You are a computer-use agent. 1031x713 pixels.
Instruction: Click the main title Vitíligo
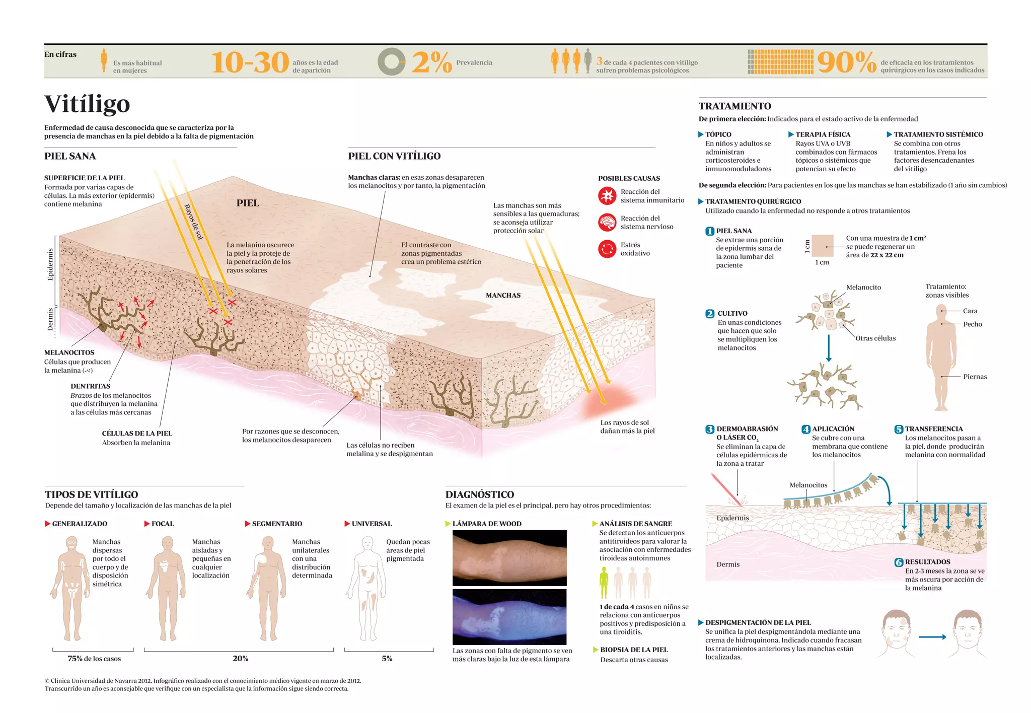[x=87, y=104]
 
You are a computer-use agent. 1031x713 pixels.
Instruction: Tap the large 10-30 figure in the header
[x=250, y=63]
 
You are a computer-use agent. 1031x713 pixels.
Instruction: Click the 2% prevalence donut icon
[x=391, y=62]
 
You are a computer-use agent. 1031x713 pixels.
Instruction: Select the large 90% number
[x=847, y=63]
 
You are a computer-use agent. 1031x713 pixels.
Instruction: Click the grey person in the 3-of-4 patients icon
[x=587, y=61]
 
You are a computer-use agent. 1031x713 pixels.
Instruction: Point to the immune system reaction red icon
[x=607, y=196]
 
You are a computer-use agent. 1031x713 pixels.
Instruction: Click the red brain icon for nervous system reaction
[x=607, y=222]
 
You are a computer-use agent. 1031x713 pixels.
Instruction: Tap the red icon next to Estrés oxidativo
[x=607, y=249]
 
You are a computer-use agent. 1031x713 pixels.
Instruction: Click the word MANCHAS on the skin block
[x=503, y=296]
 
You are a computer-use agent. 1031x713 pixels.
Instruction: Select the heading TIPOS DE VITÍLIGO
[x=92, y=494]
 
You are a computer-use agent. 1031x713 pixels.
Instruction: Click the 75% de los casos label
[x=94, y=659]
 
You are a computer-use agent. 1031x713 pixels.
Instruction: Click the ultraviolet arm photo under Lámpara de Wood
[x=509, y=617]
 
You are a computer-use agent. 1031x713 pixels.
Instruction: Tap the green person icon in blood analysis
[x=604, y=583]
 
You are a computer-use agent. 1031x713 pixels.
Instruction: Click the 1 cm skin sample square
[x=823, y=246]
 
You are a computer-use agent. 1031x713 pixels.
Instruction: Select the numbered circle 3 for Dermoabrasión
[x=709, y=430]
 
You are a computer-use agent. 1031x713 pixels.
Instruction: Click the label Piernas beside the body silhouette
[x=975, y=377]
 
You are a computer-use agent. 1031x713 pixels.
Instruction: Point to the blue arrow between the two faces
[x=932, y=637]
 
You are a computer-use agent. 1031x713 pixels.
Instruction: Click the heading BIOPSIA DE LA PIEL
[x=634, y=650]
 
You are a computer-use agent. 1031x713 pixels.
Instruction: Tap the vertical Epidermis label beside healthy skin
[x=50, y=265]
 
